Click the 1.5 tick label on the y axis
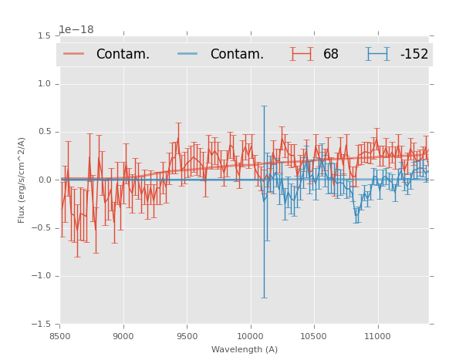[44, 36]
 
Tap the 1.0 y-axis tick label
[44, 84]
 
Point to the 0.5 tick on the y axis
[44, 132]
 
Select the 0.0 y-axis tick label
[44, 180]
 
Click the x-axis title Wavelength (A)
[245, 349]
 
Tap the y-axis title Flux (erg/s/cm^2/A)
[22, 180]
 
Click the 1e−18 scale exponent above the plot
[76, 30]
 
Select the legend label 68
[331, 55]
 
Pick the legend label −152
[414, 55]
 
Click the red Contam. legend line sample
[74, 54]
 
